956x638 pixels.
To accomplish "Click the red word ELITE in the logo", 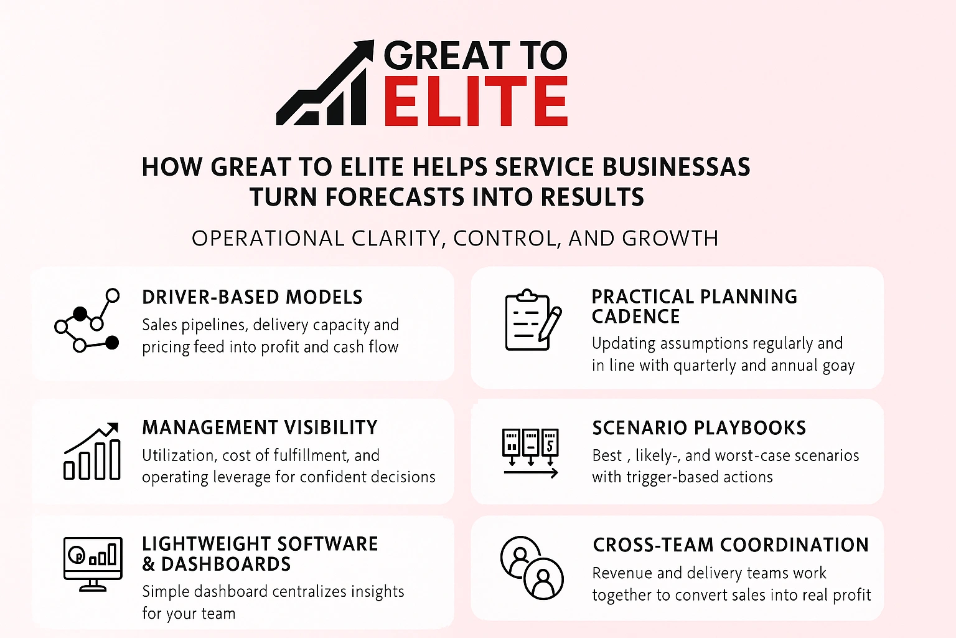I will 476,102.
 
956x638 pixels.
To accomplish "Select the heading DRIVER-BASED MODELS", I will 252,297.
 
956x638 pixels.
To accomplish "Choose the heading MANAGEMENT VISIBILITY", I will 260,427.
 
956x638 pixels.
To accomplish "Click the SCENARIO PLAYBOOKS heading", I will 699,428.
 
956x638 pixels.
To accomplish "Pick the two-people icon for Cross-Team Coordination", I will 532,568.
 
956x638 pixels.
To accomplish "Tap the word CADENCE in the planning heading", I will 635,317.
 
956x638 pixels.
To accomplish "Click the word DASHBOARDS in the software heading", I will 226,564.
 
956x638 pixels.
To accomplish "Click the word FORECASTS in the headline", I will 395,198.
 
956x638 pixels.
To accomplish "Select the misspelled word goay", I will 838,366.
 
